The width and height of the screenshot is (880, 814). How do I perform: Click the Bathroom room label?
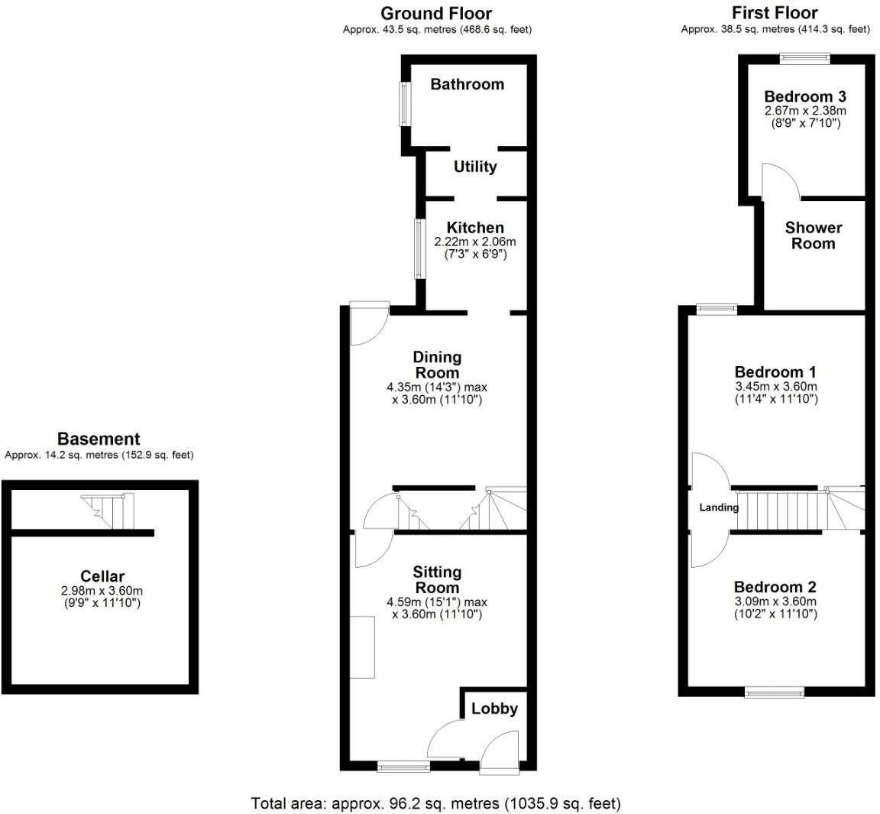[467, 84]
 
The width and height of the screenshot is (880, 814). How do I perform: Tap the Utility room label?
[475, 167]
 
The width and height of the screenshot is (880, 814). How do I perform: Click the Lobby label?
[494, 709]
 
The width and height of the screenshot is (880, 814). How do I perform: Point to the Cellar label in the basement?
[102, 576]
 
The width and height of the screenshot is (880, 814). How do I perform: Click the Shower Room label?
[814, 235]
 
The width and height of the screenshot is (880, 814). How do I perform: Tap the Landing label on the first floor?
[719, 508]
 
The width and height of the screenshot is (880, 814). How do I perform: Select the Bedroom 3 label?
[804, 96]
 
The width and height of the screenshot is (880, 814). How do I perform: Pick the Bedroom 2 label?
[775, 587]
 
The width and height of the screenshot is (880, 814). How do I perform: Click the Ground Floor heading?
[436, 13]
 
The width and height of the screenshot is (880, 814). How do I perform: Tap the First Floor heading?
[775, 13]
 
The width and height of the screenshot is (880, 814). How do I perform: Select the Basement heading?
[99, 439]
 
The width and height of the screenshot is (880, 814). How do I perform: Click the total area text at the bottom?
[436, 803]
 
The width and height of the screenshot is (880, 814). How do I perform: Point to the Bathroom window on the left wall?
[404, 104]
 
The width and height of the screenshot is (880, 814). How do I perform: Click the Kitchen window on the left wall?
[419, 250]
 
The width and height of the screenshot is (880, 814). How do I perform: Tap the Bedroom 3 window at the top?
[804, 56]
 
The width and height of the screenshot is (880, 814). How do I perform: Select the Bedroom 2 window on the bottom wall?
[775, 692]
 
